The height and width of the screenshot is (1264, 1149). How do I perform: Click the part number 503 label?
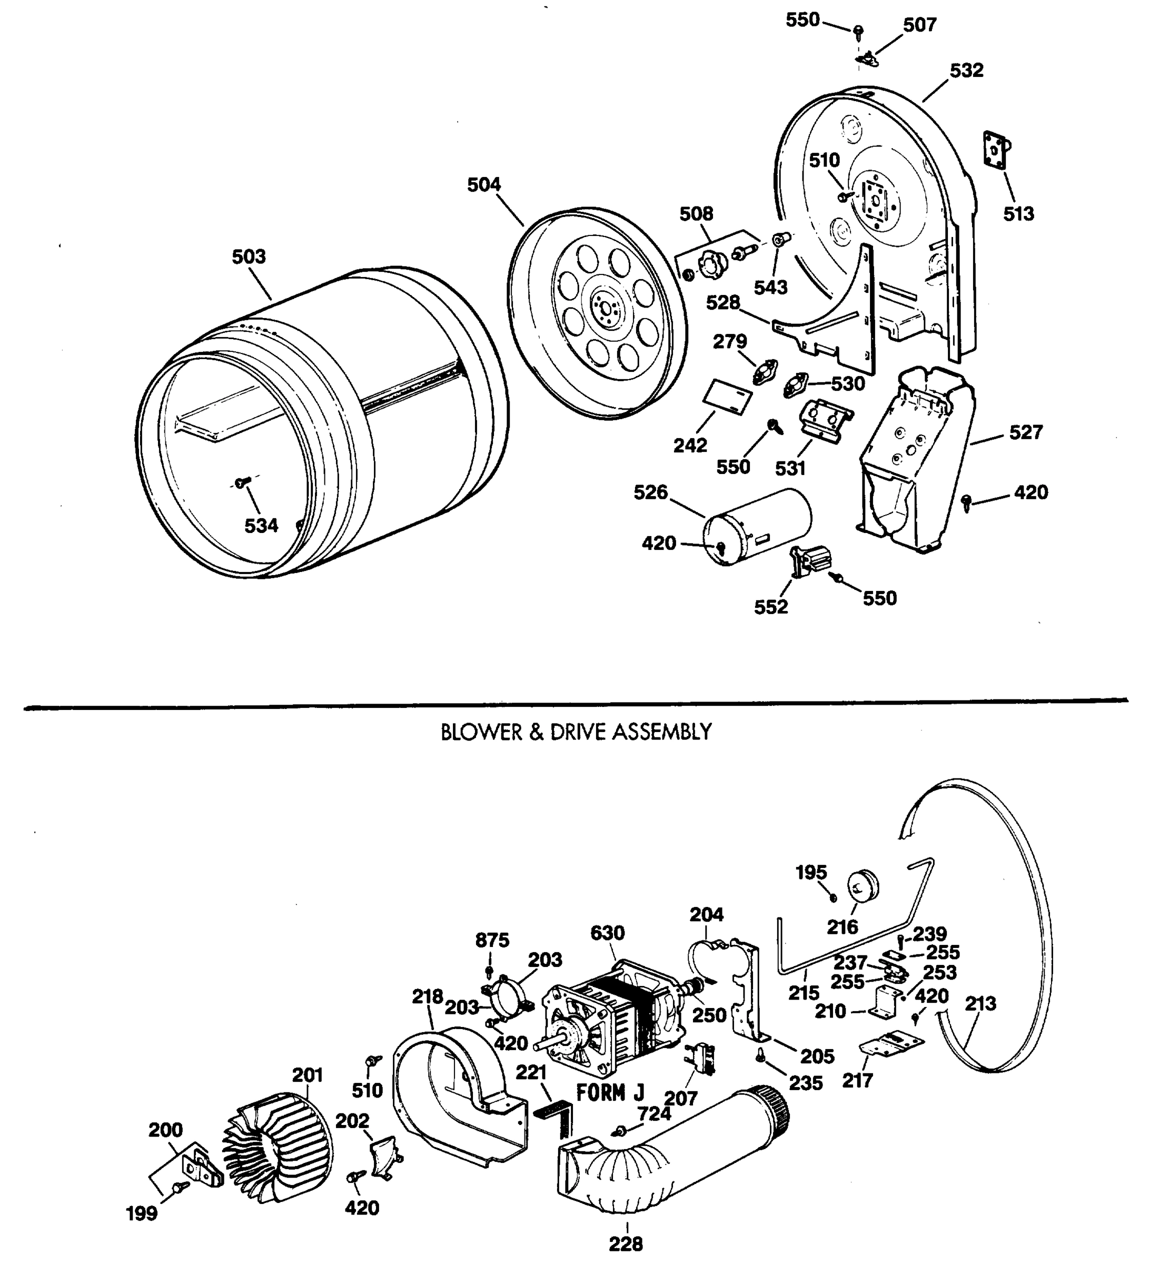tap(249, 256)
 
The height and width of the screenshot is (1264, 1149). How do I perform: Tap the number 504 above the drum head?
tap(484, 184)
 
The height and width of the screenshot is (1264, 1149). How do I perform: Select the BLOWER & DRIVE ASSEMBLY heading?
tap(576, 732)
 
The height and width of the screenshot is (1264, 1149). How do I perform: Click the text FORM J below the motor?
tap(610, 1093)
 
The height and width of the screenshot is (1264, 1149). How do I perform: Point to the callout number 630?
tap(607, 933)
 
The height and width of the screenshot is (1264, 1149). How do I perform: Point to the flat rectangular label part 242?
tap(728, 398)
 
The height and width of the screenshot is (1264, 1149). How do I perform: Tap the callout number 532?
tap(967, 70)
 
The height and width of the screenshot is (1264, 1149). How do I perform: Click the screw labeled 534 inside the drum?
tap(242, 482)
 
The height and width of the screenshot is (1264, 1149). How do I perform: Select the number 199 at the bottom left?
tap(142, 1213)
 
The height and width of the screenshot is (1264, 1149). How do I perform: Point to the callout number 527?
tap(1025, 432)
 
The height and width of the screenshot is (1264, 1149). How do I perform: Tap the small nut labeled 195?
tap(833, 898)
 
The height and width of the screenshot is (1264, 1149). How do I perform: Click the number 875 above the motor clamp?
tap(492, 940)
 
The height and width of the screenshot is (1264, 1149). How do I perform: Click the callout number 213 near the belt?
tap(980, 1003)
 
